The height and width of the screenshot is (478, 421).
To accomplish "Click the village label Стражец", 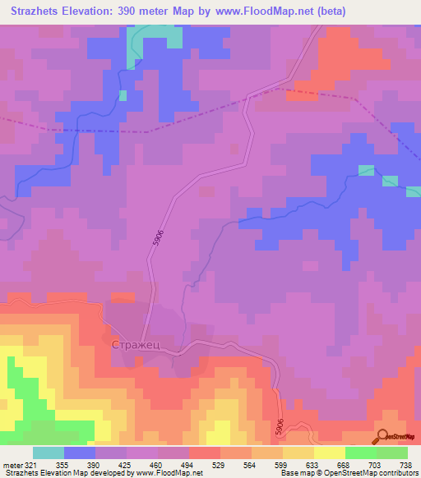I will coord(136,347).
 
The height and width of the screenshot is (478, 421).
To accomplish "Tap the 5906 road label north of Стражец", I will coord(156,237).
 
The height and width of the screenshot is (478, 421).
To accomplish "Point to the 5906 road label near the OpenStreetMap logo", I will coord(281,425).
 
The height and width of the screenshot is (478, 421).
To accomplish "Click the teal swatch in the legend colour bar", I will coord(49,453).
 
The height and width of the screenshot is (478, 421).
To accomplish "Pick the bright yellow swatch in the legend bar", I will coord(329,453).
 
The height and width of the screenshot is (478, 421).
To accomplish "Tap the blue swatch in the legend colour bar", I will coord(80,453).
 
